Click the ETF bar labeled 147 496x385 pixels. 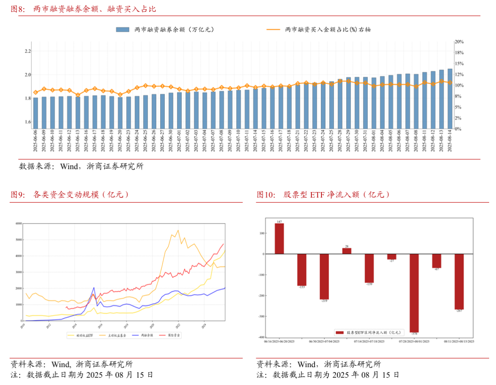(x=279, y=238)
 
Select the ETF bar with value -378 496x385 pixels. (x=414, y=293)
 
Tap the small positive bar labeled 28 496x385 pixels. (x=347, y=251)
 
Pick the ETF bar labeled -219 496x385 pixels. (x=324, y=277)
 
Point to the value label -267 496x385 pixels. (x=459, y=311)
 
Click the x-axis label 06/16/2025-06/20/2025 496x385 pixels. (x=279, y=341)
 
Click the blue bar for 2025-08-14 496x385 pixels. (x=450, y=98)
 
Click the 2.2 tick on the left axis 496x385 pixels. (x=28, y=51)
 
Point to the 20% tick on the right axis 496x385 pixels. (x=459, y=42)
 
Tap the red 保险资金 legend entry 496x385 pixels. (x=170, y=336)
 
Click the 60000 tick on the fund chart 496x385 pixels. (x=19, y=224)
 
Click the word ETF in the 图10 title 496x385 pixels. (x=317, y=195)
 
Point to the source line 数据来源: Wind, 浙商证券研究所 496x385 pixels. (x=81, y=167)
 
